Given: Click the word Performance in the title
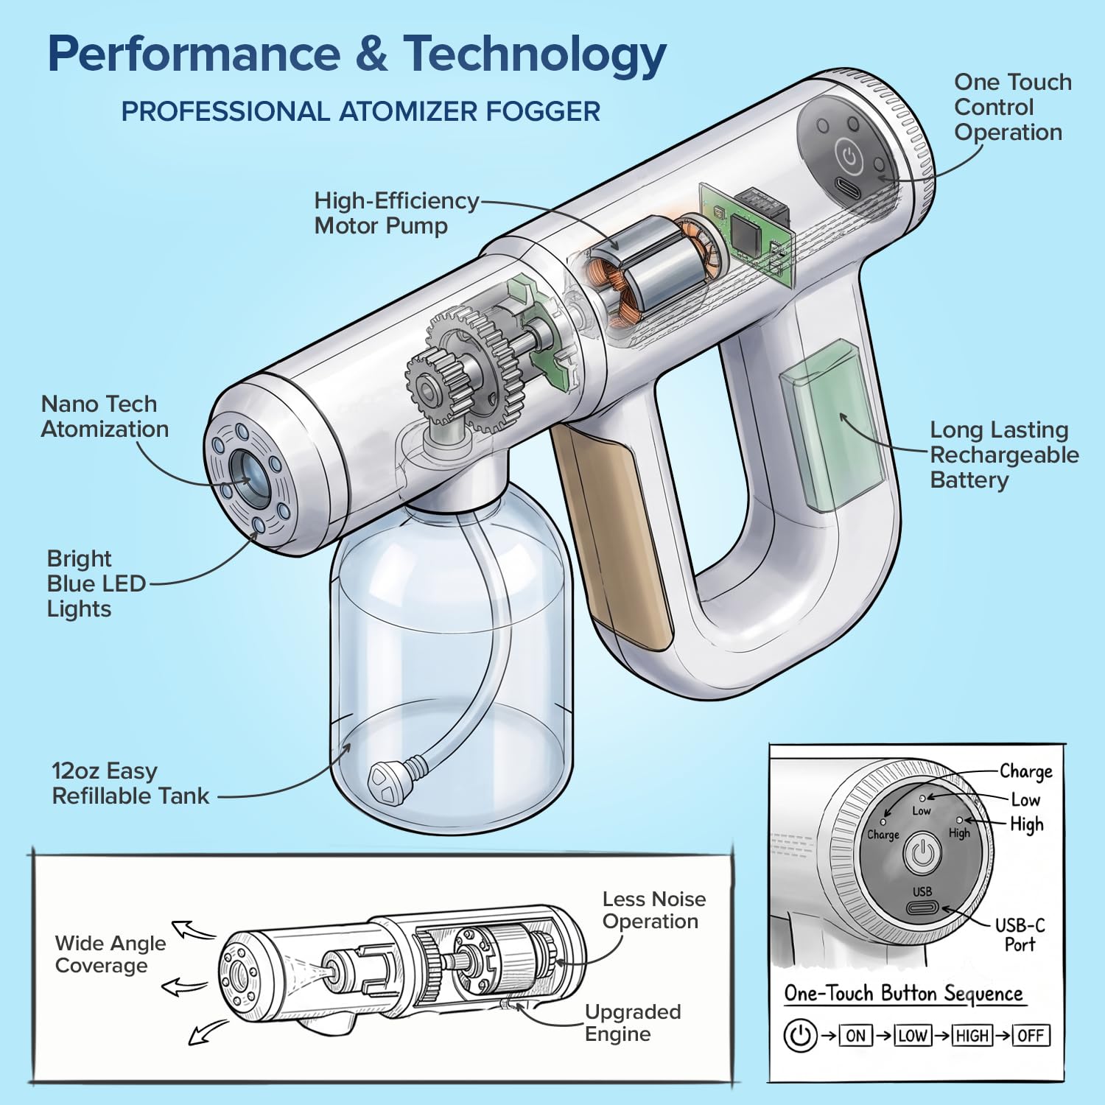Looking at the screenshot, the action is click(194, 54).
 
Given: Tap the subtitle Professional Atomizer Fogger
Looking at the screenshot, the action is click(361, 111).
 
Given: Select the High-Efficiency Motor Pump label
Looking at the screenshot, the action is click(396, 213).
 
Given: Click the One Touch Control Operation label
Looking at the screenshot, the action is click(1013, 107).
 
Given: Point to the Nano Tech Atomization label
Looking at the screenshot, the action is click(105, 416).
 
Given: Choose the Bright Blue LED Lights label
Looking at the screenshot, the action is click(97, 583).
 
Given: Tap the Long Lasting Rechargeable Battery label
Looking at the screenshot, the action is click(1004, 455).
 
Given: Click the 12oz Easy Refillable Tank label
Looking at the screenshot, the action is click(130, 783).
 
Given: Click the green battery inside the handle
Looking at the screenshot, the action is click(832, 426).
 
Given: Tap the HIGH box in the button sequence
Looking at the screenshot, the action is click(972, 1035).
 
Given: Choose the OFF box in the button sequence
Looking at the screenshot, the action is click(1031, 1035).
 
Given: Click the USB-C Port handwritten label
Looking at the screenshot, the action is click(1020, 935).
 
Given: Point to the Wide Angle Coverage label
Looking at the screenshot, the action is click(110, 954).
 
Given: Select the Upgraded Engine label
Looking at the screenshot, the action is click(633, 1022).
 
